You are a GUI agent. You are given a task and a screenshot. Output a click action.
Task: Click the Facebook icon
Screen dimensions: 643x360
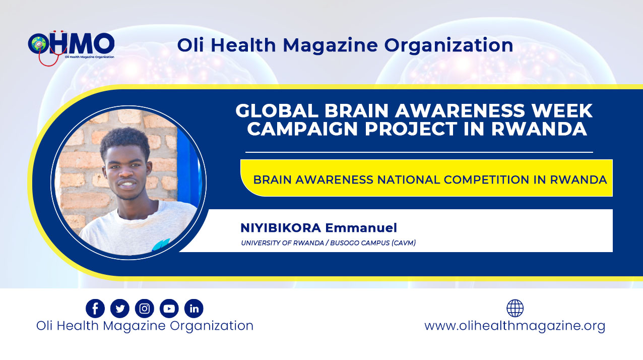[95, 309]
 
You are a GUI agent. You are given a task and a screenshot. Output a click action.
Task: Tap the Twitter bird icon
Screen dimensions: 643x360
[120, 309]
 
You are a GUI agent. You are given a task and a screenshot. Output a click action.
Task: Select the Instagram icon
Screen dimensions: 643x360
[145, 309]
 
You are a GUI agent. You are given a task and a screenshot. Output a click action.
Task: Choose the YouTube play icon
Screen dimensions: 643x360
[169, 309]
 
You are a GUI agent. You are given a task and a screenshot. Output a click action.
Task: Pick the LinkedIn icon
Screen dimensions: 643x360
[194, 309]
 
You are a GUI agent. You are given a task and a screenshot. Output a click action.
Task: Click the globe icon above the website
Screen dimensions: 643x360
[515, 308]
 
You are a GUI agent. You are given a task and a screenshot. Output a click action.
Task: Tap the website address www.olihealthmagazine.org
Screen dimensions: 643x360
[515, 326]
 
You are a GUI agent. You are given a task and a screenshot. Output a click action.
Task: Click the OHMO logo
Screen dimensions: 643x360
[71, 47]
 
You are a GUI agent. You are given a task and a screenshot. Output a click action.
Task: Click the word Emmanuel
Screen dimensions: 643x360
[361, 228]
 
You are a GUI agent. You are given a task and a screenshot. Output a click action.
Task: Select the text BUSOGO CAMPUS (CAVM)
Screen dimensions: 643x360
[373, 243]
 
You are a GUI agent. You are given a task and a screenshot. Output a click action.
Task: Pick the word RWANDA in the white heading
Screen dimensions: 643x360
[539, 129]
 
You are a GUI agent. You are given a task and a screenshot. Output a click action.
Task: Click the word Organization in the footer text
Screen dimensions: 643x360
[212, 326]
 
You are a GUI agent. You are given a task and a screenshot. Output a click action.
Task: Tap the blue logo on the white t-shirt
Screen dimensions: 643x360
[161, 245]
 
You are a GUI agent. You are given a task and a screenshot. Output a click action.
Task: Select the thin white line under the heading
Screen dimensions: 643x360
[419, 152]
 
